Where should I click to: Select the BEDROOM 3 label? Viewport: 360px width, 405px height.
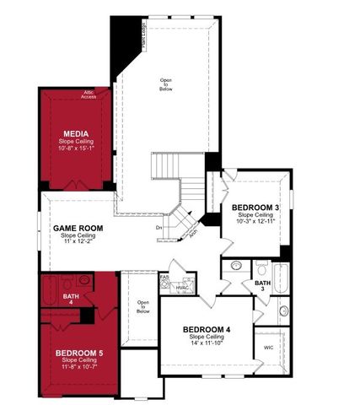point(255,208)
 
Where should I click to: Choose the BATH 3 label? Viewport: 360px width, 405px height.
point(264,286)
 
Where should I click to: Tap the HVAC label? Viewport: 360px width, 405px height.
point(183,289)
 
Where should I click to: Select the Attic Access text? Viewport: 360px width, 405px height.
point(89,95)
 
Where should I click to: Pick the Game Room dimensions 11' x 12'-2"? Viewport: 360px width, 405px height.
point(78,243)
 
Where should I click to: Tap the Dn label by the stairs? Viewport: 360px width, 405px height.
point(159,227)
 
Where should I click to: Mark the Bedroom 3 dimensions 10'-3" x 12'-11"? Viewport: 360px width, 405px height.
point(255,221)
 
